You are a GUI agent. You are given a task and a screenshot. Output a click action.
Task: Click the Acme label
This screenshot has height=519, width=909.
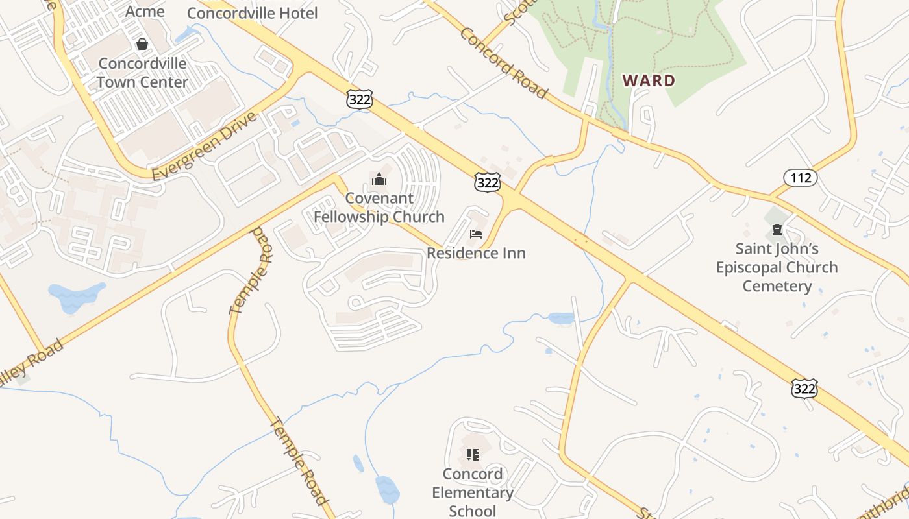point(145,11)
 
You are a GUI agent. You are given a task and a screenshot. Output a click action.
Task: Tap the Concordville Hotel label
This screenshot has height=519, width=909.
point(252,13)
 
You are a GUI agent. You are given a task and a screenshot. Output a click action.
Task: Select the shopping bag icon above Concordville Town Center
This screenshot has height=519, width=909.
point(142,44)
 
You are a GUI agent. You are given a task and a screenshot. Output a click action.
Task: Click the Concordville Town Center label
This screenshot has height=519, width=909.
point(142,73)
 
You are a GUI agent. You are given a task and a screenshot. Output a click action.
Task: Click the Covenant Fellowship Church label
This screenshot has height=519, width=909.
point(379,208)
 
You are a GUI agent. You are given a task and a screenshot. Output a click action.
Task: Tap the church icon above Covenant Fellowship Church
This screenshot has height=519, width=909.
point(379,179)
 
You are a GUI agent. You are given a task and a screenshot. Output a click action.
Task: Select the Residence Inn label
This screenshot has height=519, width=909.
point(476,253)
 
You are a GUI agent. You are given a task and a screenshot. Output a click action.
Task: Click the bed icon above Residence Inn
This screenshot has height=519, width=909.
point(476,234)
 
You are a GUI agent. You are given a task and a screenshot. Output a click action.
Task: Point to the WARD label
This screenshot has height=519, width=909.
point(649,80)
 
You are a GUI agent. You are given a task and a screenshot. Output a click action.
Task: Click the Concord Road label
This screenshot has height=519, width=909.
point(503,62)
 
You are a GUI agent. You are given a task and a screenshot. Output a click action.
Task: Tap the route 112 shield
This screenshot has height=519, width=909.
point(800,177)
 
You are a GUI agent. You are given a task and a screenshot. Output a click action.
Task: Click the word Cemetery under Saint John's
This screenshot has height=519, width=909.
point(777,286)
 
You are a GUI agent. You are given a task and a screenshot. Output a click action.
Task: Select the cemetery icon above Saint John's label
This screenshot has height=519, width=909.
point(777,230)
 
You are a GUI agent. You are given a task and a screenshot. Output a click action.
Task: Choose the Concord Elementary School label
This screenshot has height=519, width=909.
point(473,492)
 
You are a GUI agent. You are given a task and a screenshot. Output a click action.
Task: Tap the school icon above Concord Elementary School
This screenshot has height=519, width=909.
point(473,454)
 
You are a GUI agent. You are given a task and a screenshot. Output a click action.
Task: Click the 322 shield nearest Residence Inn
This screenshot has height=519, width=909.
point(487,184)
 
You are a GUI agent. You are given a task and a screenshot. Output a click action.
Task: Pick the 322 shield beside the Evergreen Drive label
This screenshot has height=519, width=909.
point(359,99)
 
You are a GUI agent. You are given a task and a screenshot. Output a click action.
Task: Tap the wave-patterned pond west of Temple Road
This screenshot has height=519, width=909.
point(77,297)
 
